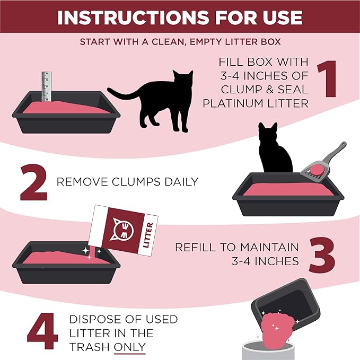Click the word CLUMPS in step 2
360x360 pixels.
[x=120, y=182]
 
